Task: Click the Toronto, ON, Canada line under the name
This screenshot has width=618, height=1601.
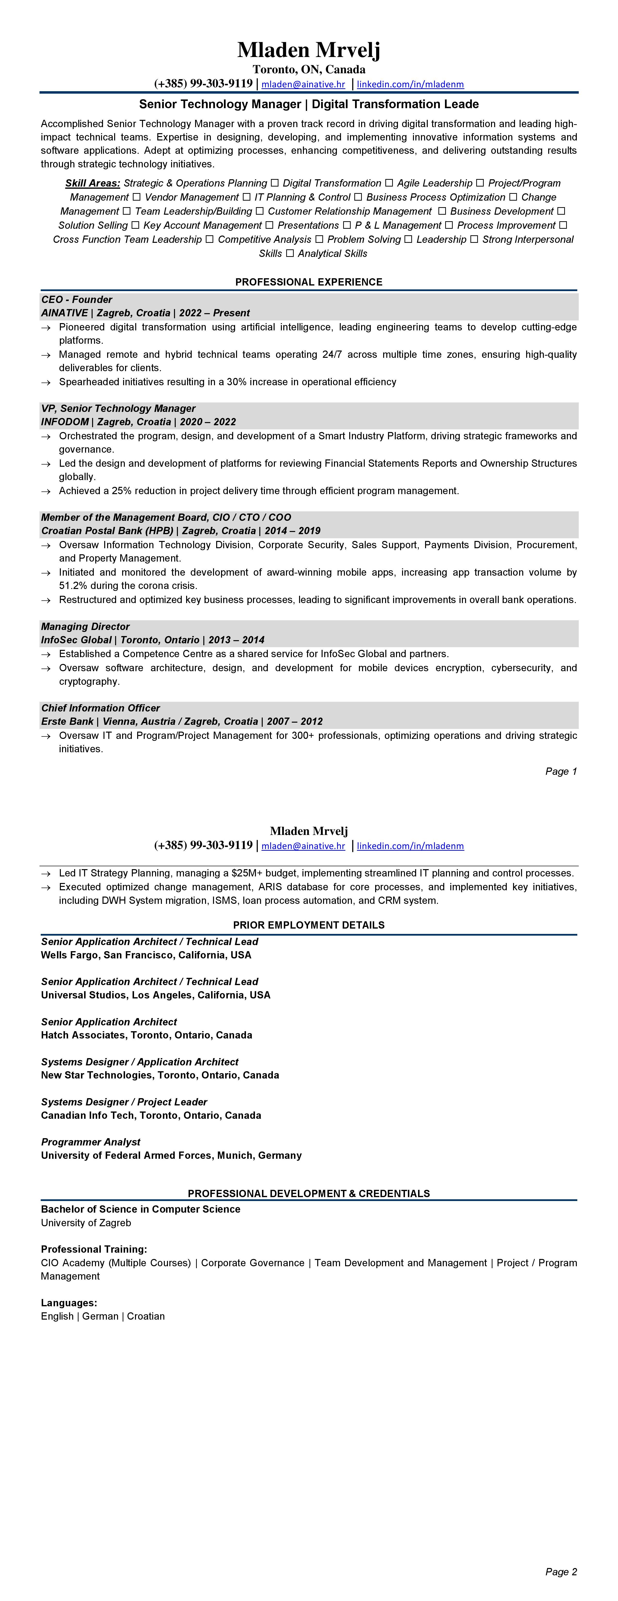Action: (x=309, y=70)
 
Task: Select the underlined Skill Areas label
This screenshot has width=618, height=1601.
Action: (x=93, y=183)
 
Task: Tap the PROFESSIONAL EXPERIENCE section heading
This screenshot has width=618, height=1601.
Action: (x=309, y=282)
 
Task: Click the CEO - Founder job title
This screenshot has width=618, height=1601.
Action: (x=76, y=300)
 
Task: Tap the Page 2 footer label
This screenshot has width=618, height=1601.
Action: (x=561, y=1572)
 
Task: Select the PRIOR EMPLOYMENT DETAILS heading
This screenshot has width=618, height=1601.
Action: (x=309, y=925)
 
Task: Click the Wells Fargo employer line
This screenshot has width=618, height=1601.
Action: (x=146, y=955)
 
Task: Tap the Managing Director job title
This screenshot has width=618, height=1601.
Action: (x=85, y=627)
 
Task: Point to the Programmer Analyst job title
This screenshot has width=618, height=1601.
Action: (x=91, y=1142)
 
